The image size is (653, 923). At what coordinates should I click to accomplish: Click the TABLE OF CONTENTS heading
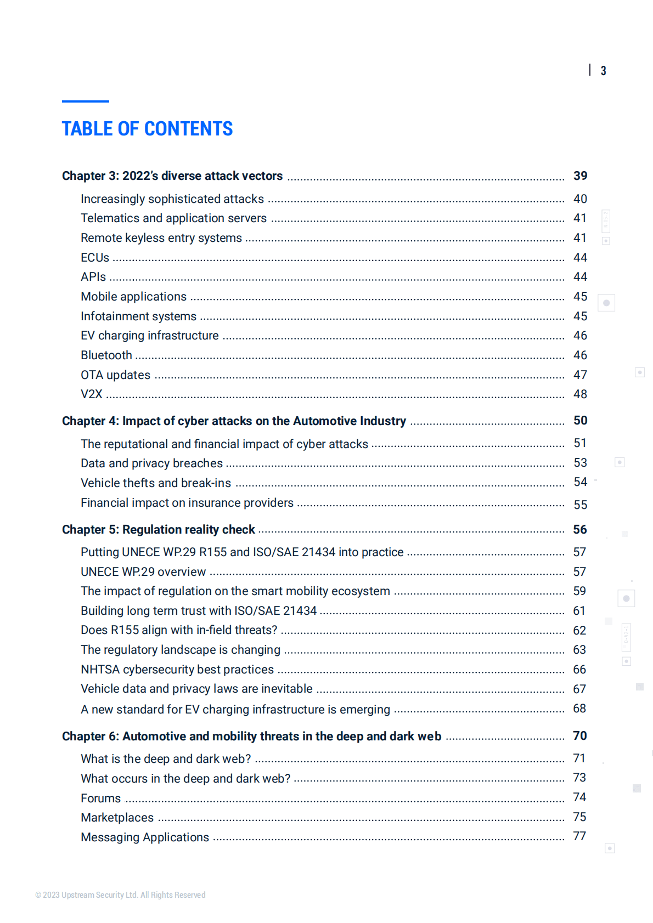(x=147, y=129)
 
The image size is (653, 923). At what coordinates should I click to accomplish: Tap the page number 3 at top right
(x=603, y=71)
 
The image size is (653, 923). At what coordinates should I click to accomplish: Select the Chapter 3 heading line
(x=172, y=176)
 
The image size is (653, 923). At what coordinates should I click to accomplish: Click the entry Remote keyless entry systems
(x=161, y=238)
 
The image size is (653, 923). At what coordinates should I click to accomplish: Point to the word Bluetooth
(x=106, y=355)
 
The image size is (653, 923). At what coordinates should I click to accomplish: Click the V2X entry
(x=92, y=394)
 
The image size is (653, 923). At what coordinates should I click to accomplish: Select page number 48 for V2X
(x=580, y=394)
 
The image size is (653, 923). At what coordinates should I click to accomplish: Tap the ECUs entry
(x=95, y=258)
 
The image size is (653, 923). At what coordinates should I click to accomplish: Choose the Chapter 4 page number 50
(x=580, y=421)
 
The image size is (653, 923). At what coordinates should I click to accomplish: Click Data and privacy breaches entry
(x=151, y=463)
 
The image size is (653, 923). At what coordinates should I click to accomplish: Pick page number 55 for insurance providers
(x=580, y=505)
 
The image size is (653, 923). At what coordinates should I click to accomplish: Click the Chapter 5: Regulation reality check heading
(x=159, y=530)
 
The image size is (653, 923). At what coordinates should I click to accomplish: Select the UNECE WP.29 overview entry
(x=143, y=572)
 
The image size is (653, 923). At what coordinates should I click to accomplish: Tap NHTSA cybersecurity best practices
(x=177, y=670)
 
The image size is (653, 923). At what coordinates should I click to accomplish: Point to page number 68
(x=579, y=709)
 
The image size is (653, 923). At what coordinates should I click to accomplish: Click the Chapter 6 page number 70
(x=579, y=736)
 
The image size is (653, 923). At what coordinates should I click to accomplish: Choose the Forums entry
(x=101, y=799)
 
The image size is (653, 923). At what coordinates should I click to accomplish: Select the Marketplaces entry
(x=117, y=818)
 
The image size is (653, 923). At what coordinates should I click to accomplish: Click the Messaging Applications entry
(x=145, y=837)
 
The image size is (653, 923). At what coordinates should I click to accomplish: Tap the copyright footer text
(x=121, y=895)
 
